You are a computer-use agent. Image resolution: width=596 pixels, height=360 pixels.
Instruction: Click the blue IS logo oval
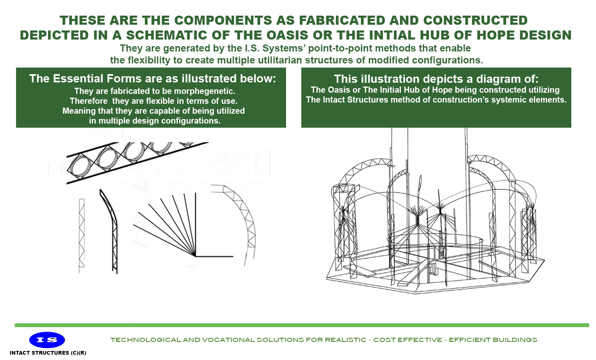pyautogui.click(x=47, y=340)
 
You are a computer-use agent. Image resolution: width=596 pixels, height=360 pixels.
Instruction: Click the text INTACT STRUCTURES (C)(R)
pyautogui.click(x=48, y=353)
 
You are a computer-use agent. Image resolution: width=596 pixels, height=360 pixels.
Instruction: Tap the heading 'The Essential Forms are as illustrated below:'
pyautogui.click(x=152, y=79)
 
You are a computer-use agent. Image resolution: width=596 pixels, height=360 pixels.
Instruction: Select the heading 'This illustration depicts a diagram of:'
pyautogui.click(x=436, y=79)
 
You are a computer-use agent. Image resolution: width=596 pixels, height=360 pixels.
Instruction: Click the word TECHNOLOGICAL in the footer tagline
pyautogui.click(x=146, y=340)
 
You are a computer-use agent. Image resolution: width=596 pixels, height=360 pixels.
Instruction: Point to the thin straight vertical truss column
pyautogui.click(x=81, y=233)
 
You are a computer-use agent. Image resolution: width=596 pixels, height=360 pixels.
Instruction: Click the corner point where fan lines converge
pyautogui.click(x=195, y=256)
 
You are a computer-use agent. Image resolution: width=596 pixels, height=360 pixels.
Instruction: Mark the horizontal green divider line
pyautogui.click(x=301, y=325)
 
